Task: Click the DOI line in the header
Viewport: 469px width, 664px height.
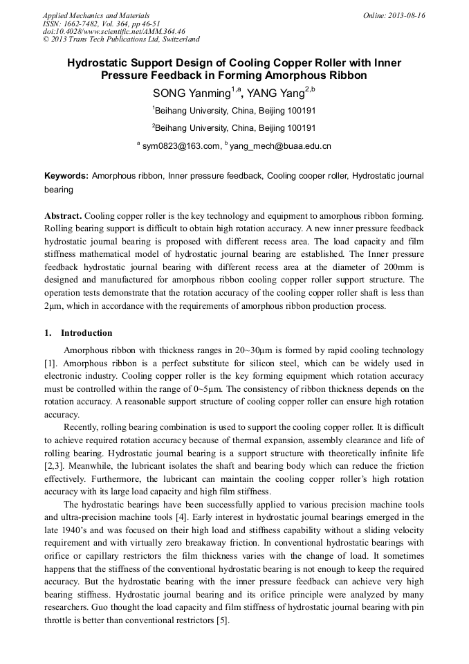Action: point(114,31)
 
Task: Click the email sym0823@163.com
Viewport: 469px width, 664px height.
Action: point(181,146)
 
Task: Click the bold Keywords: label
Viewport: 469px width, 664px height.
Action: point(66,177)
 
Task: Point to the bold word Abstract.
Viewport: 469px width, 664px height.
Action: point(63,216)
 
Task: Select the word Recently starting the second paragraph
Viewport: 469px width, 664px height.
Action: point(84,427)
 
